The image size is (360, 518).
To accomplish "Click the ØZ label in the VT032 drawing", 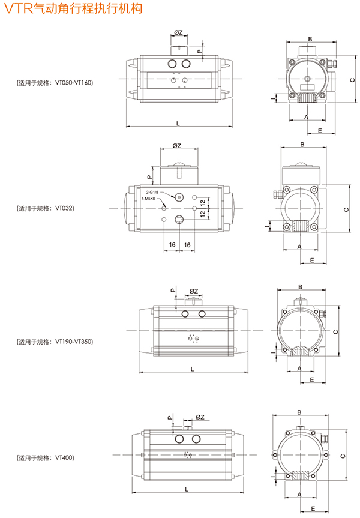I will coord(177,146).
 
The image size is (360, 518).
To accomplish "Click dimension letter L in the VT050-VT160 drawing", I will coord(178,122).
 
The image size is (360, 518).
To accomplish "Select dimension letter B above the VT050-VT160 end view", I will coord(310,39).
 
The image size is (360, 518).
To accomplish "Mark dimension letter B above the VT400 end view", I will coord(298,412).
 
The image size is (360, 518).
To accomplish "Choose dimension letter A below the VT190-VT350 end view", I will coord(298,369).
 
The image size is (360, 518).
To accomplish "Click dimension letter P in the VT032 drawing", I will coord(149,177).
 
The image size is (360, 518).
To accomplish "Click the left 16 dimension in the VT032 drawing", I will coord(172,245).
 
